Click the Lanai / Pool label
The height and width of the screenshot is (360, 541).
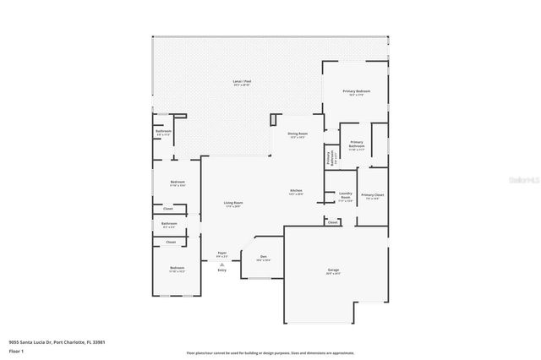[x=242, y=82]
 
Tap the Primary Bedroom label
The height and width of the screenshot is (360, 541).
[x=356, y=91]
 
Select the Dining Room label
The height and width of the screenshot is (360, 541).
[x=298, y=134]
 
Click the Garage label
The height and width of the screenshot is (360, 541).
[x=333, y=270]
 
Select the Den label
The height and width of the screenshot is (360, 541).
[x=264, y=257]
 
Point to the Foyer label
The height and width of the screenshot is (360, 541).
[x=222, y=253]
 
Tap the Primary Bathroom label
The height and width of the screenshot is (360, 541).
[x=356, y=145]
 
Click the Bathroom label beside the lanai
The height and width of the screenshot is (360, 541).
[x=163, y=132]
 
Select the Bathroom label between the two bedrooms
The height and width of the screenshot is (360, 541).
[x=169, y=224]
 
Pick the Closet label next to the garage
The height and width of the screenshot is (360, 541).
[x=333, y=222]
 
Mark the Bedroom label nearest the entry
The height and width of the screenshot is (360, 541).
[x=177, y=269]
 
